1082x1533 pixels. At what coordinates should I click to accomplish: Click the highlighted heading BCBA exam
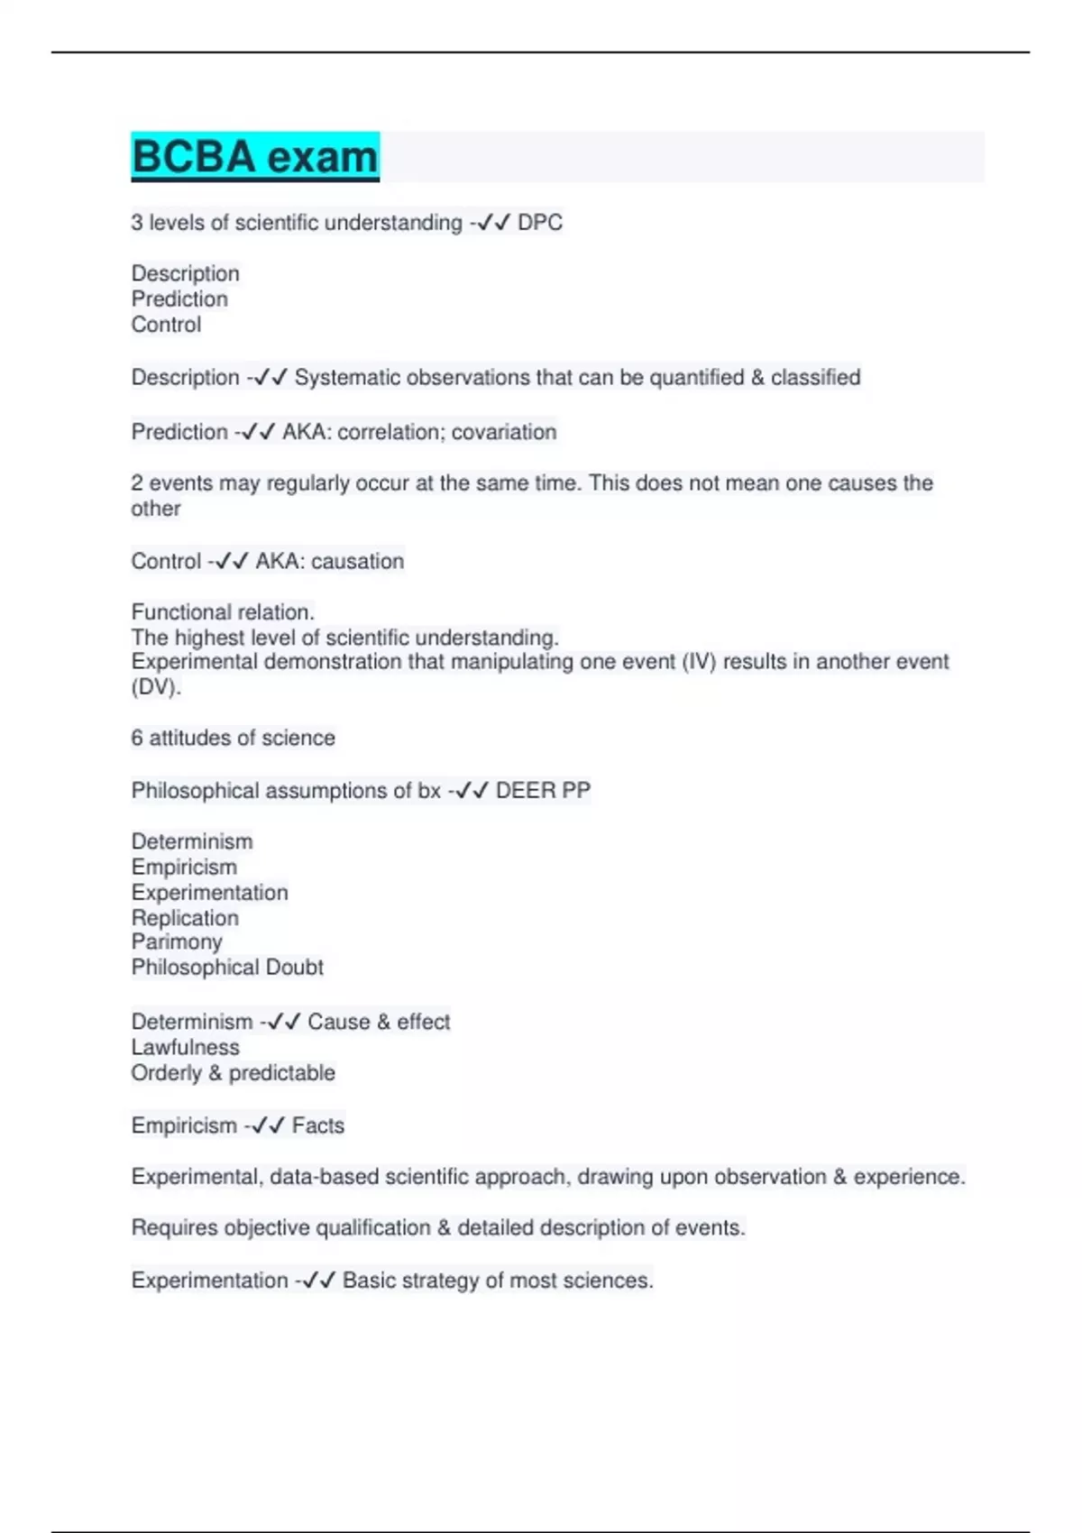(x=255, y=157)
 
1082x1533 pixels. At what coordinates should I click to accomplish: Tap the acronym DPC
(x=540, y=223)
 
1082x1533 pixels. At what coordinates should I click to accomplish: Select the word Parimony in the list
(x=177, y=942)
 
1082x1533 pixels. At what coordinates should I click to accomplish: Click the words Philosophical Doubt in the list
(x=227, y=968)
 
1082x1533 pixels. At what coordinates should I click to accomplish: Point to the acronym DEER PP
(x=543, y=791)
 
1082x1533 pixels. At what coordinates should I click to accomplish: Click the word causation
(x=357, y=561)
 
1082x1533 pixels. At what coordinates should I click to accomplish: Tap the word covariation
(x=504, y=432)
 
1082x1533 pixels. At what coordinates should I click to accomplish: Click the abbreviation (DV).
(x=156, y=687)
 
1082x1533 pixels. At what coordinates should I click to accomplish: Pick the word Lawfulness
(x=186, y=1048)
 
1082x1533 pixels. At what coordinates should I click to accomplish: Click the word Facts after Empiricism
(x=318, y=1125)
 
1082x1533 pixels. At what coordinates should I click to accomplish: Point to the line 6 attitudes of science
(x=233, y=738)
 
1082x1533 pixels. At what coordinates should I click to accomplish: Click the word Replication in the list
(x=185, y=918)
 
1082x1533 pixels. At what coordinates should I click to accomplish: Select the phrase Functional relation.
(x=223, y=612)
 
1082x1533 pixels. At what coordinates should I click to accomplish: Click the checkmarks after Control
(x=232, y=561)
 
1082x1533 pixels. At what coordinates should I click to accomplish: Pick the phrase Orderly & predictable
(x=233, y=1073)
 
